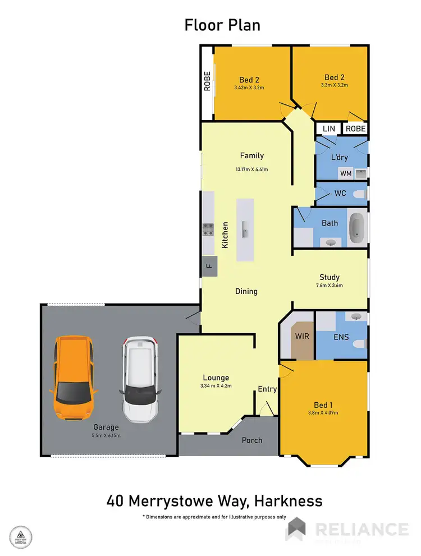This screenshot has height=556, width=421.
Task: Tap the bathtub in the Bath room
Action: tap(357, 227)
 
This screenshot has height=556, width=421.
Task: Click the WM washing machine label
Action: tap(346, 174)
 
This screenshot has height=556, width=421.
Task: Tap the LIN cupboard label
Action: tap(329, 129)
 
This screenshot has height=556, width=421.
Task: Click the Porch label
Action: tap(252, 440)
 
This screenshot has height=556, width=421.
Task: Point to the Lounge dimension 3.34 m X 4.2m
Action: tap(216, 386)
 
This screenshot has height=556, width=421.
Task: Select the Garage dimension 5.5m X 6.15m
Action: tap(106, 435)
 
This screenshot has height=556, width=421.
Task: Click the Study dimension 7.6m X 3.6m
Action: tap(330, 285)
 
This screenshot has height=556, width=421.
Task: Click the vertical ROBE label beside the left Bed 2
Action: tap(207, 82)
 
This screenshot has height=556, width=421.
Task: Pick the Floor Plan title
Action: tap(222, 25)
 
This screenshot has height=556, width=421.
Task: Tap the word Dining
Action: tap(246, 291)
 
